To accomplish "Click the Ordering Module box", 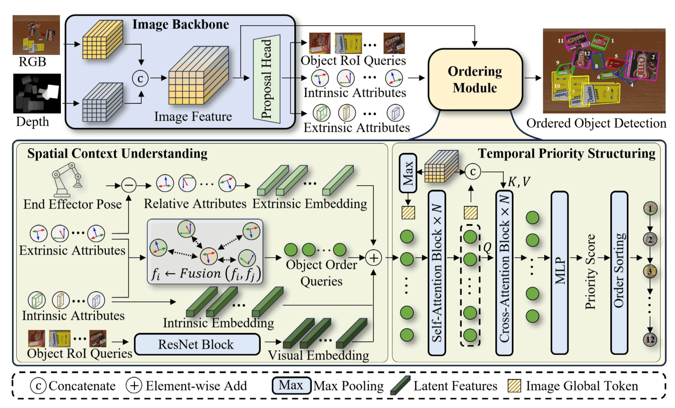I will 475,80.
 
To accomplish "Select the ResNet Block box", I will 197,344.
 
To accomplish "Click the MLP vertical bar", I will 560,272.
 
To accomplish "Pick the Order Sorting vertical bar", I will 619,272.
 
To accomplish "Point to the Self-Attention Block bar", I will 437,272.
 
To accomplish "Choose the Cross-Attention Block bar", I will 504,272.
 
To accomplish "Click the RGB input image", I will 36,35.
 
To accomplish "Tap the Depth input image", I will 37,93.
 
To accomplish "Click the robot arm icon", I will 68,179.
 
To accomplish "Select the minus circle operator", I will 129,185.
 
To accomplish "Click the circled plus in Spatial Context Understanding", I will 373,258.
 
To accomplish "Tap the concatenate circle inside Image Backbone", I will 141,78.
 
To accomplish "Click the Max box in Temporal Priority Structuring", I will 408,173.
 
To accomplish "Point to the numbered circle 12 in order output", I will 650,340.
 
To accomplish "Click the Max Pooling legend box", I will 291,386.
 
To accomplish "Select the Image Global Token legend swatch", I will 514,386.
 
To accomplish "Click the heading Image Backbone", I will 181,24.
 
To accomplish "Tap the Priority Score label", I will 590,272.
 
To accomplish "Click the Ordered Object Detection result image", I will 604,71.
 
